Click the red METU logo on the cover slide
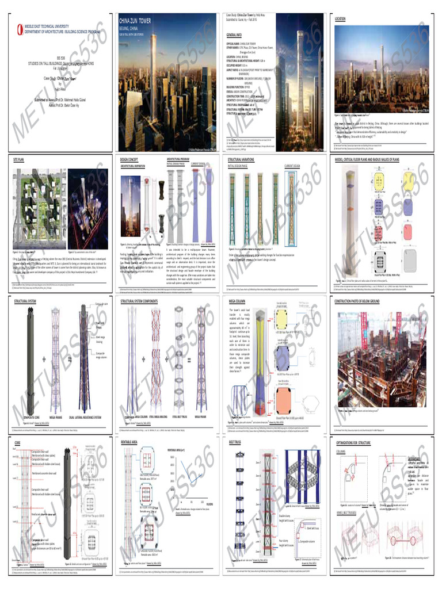coord(20,25)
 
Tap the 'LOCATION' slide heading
coord(340,19)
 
